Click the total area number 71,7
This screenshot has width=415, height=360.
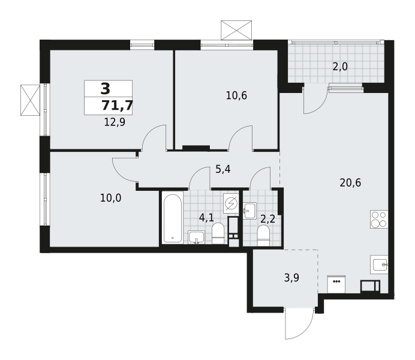point(117,106)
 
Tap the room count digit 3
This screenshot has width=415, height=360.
point(106,89)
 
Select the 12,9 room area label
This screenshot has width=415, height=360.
point(115,122)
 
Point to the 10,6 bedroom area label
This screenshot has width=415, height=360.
point(236,95)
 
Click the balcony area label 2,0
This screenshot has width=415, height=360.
point(340,67)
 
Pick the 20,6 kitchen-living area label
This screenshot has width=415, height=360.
point(350,182)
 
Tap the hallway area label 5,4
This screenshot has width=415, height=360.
point(223,169)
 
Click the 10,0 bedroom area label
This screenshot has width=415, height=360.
point(110,198)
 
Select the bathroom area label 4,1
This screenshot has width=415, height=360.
point(206,218)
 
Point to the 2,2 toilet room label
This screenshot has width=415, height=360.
point(268,219)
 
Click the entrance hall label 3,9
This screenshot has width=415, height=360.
point(291,278)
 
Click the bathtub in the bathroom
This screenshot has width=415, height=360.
point(173,218)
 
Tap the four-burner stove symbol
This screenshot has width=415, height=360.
point(379,219)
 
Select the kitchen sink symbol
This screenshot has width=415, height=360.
point(379,265)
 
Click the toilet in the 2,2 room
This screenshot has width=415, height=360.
point(263,235)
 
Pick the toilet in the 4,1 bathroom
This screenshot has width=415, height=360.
point(218,233)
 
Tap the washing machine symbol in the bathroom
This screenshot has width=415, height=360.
point(231,203)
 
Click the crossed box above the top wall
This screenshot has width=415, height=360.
point(236,30)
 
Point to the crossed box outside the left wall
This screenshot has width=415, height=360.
point(30,100)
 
